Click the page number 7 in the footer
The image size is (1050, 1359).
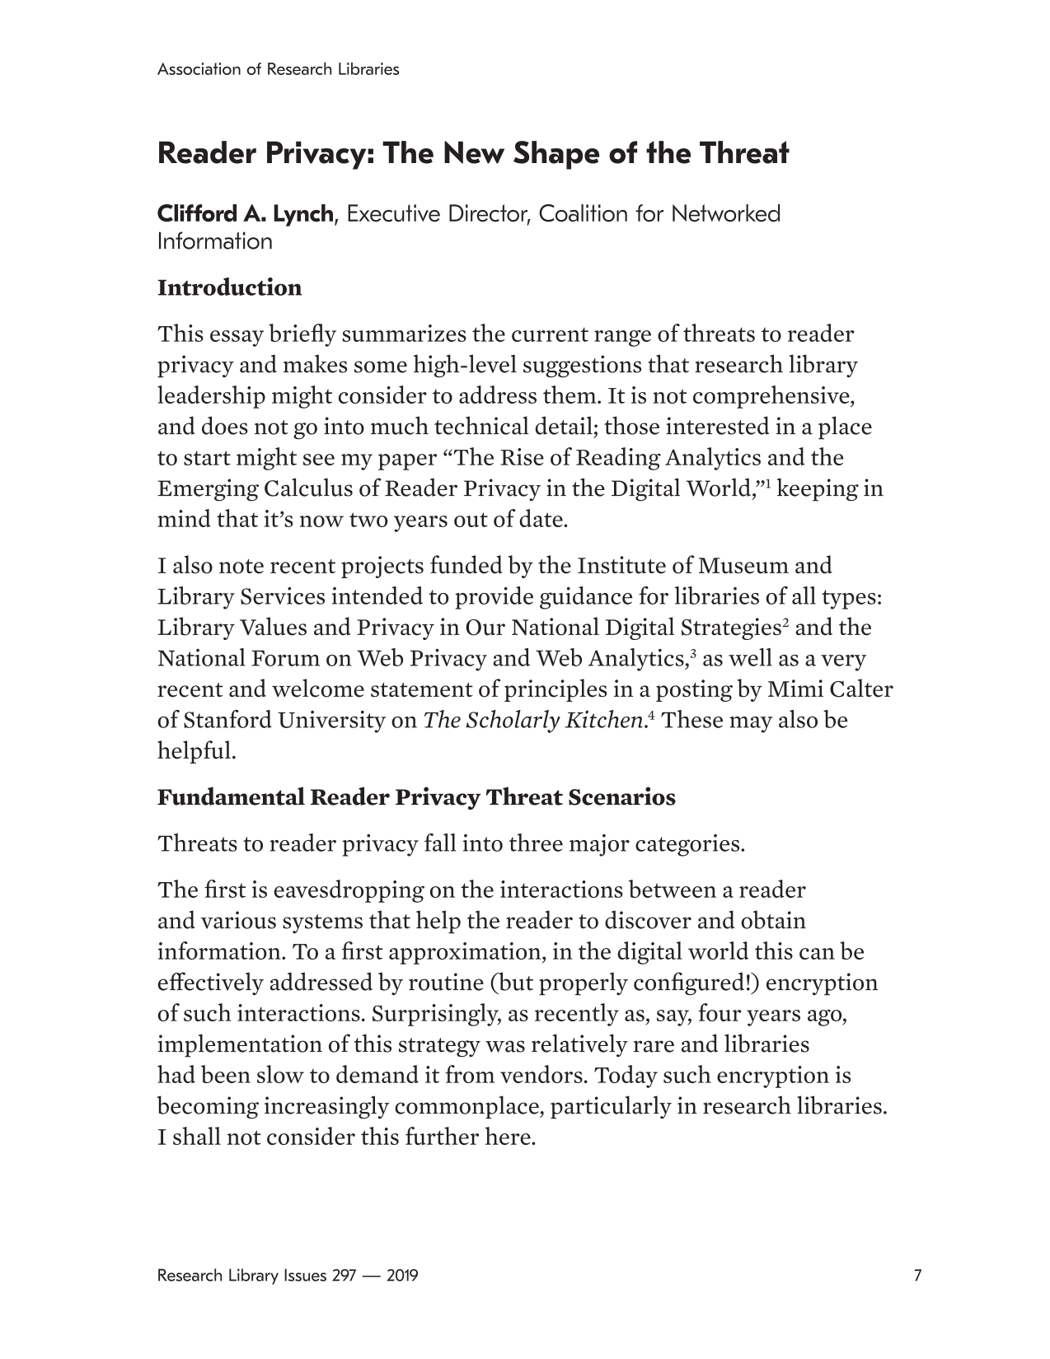(917, 1276)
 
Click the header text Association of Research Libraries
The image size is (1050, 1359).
(278, 69)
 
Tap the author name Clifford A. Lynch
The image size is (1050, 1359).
(246, 214)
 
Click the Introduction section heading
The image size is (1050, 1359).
(229, 287)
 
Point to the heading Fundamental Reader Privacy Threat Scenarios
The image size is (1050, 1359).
(416, 797)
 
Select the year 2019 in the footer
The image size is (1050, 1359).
(401, 1276)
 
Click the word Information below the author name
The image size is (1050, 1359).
(214, 242)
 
